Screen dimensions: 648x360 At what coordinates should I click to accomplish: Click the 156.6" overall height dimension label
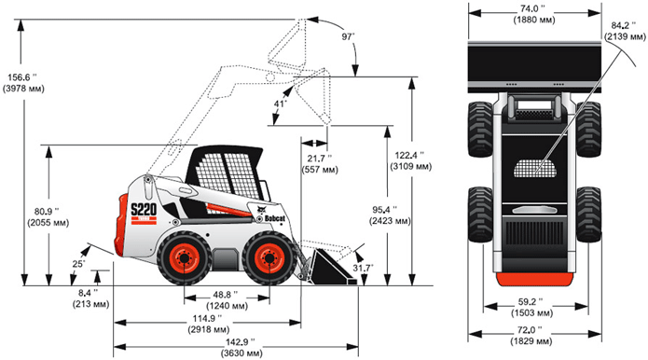click(x=23, y=83)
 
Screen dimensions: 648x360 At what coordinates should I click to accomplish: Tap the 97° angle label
click(x=349, y=36)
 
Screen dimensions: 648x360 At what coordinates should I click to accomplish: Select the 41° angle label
click(x=281, y=104)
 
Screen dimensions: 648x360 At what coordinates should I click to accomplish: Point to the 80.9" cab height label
click(x=48, y=217)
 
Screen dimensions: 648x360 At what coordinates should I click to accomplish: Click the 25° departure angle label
click(x=78, y=264)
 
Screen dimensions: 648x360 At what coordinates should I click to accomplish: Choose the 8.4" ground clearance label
click(x=91, y=298)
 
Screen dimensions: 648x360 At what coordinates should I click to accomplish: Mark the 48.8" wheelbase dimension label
click(x=227, y=300)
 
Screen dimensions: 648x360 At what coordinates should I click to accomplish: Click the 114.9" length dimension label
click(x=208, y=324)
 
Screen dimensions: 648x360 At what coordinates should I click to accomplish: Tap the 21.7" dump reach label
click(x=320, y=163)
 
